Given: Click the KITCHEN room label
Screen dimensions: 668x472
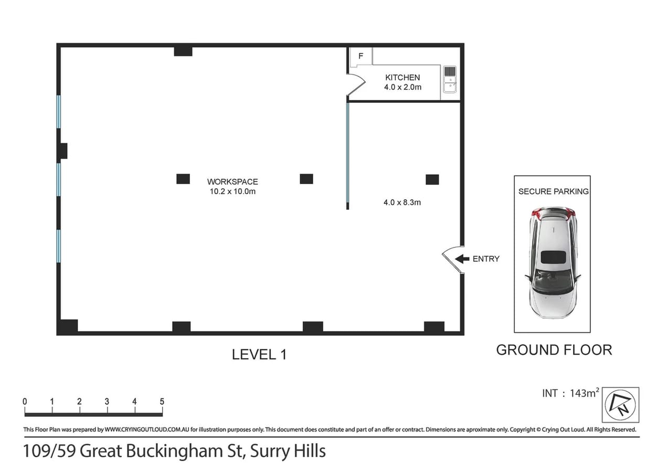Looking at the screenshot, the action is pos(402,78).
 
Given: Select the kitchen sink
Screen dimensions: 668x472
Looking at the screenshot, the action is pos(449,79).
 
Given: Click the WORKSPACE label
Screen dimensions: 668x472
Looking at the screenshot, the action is pos(232,181).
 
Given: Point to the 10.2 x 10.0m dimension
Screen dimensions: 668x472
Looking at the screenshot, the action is pos(232,191).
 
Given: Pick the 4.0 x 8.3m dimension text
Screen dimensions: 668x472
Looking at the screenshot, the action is pos(402,202).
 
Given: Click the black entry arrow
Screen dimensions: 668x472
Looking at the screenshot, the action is pos(462,259).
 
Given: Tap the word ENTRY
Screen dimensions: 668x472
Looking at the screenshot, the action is pos(486,259).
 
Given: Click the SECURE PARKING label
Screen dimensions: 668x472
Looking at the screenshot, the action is pos(554,191).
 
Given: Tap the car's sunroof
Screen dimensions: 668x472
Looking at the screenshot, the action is pos(553,257).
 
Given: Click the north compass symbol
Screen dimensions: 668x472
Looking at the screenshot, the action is pos(620,405).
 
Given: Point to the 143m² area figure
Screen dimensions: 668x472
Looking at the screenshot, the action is pos(584,393).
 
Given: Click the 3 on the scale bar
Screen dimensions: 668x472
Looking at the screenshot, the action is pos(107,402).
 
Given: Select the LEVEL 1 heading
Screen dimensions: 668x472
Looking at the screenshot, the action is pos(259,355).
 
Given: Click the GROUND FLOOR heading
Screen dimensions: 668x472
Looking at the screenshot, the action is pos(554,350).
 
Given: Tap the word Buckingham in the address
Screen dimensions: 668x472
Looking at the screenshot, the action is pos(174,452).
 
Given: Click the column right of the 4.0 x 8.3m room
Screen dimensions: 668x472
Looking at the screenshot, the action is pos(432,180).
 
